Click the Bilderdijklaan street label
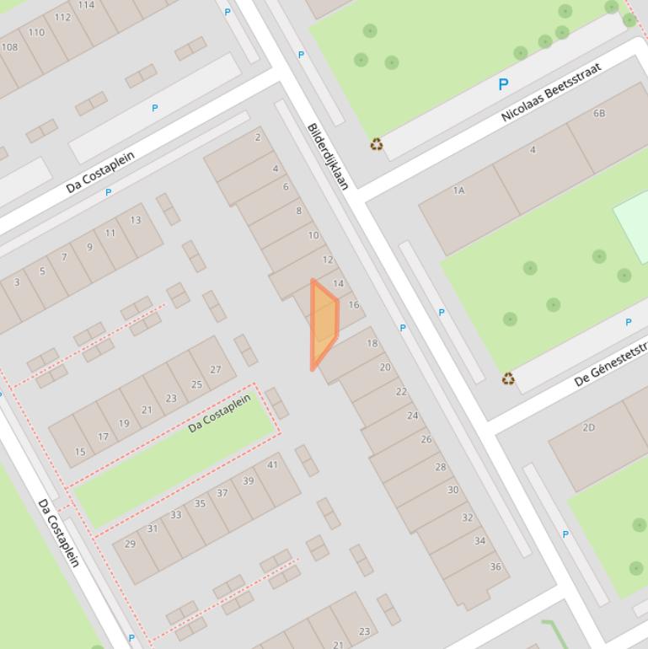328,157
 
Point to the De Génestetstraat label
610,365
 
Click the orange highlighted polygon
324,321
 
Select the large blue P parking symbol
503,84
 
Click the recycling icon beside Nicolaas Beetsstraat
377,145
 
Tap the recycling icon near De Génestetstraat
508,379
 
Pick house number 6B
599,113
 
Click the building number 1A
458,190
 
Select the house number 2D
588,427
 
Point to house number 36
495,566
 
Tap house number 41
272,464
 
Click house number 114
86,5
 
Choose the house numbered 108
9,47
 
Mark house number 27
216,369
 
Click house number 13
136,220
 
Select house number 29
130,544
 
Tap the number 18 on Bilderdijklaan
372,343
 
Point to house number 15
80,452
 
